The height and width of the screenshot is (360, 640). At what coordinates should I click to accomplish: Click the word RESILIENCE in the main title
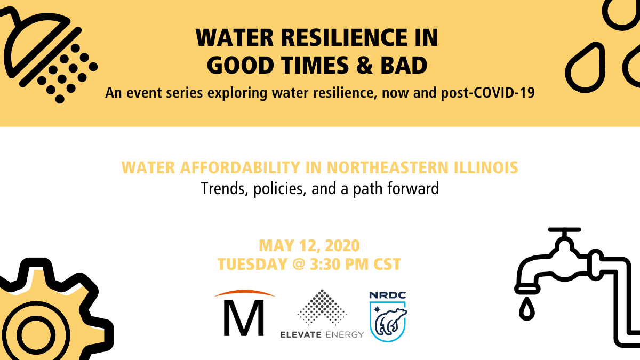(x=345, y=38)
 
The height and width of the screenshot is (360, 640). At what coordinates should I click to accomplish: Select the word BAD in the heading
(x=404, y=65)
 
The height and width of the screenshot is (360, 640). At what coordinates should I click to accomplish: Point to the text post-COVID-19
(x=487, y=93)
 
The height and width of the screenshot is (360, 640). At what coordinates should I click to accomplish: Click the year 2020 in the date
(x=342, y=245)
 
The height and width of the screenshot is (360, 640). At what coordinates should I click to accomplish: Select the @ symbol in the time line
(x=299, y=264)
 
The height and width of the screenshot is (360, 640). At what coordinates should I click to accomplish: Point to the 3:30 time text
(x=325, y=264)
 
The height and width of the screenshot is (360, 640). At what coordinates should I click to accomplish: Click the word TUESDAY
(x=252, y=264)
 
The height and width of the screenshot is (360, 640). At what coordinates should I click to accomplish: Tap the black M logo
(x=244, y=318)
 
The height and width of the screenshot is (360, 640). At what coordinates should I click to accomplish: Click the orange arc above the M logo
(x=245, y=292)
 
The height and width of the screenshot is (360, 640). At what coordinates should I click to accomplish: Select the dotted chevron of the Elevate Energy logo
(x=322, y=307)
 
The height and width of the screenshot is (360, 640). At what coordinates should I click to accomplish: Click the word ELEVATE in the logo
(x=301, y=334)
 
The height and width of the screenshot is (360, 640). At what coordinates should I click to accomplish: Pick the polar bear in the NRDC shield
(x=390, y=322)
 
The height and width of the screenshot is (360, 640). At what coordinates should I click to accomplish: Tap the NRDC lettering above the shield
(x=387, y=295)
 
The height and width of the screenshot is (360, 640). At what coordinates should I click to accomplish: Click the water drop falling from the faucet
(x=526, y=309)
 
